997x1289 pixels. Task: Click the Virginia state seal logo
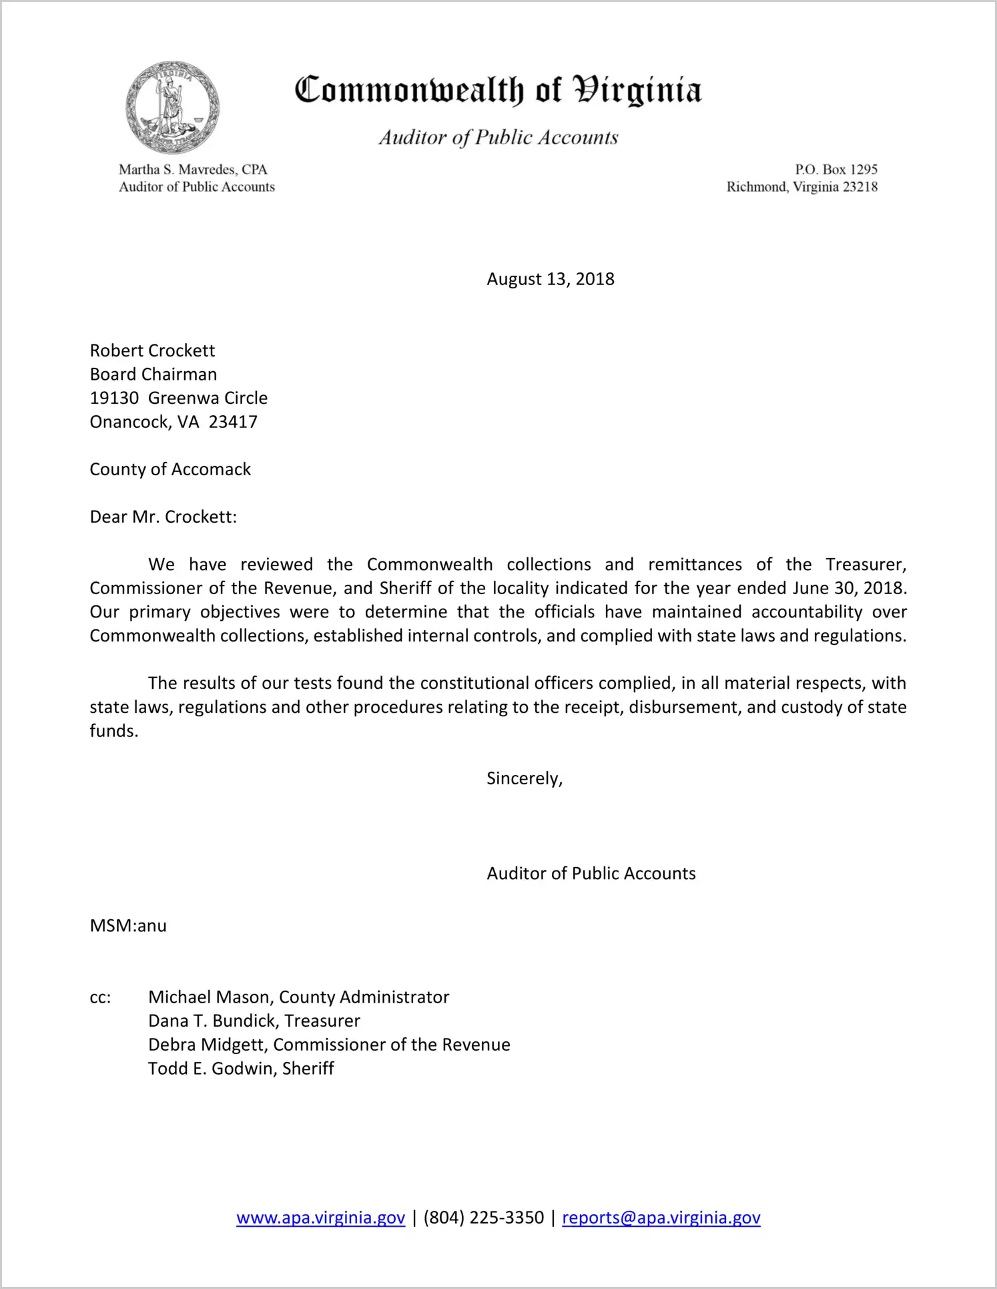click(172, 107)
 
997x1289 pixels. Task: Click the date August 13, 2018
click(550, 279)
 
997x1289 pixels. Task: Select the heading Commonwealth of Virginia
click(498, 90)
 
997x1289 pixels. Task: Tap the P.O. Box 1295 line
click(836, 170)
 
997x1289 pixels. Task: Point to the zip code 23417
click(233, 422)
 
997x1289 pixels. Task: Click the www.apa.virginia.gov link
click(320, 1218)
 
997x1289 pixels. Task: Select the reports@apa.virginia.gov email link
click(661, 1218)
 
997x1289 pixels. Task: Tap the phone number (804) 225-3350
click(483, 1218)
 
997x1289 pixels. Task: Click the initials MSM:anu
click(128, 926)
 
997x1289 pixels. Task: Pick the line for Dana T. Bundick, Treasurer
click(254, 1021)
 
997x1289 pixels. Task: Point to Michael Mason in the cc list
click(211, 997)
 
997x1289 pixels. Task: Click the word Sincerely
click(523, 778)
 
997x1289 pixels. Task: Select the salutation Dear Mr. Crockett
click(163, 517)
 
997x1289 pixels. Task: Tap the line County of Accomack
click(170, 469)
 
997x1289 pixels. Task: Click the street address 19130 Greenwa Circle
click(178, 398)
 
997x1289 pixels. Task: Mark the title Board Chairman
click(153, 374)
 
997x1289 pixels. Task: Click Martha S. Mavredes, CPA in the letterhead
click(193, 170)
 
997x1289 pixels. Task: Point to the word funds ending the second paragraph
click(113, 731)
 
